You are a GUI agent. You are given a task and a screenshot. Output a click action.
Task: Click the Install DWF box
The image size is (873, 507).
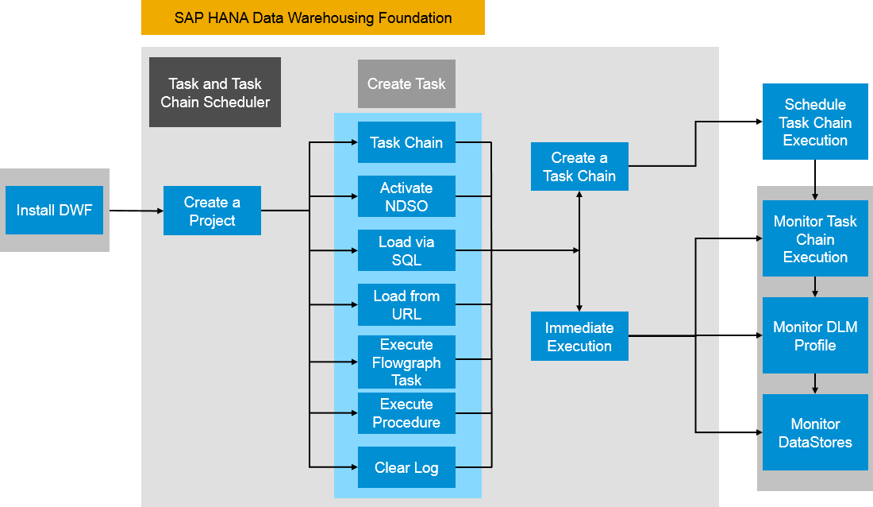(54, 211)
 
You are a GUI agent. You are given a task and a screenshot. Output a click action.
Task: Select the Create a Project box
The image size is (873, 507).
(212, 211)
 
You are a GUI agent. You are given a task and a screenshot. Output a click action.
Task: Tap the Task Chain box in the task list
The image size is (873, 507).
(406, 143)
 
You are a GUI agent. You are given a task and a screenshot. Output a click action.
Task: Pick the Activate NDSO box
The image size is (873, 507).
(406, 197)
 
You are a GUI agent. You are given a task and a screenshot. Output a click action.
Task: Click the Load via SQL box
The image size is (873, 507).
(406, 251)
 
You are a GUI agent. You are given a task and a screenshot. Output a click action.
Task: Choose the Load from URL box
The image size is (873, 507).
(406, 305)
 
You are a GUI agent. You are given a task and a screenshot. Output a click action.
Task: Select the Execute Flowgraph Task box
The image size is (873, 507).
(406, 362)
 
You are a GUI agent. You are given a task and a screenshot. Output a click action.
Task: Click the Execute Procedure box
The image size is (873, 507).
(406, 413)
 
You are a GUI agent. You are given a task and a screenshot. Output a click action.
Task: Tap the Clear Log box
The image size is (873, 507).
(406, 468)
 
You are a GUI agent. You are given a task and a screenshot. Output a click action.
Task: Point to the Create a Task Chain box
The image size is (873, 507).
(579, 167)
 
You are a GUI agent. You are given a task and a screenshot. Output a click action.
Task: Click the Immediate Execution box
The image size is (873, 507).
(579, 337)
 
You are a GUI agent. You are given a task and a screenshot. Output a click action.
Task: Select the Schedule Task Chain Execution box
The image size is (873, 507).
(815, 122)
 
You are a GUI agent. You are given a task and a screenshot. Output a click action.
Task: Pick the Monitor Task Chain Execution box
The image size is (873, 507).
(815, 239)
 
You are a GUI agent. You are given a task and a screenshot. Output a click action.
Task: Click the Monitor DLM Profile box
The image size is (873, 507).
(815, 336)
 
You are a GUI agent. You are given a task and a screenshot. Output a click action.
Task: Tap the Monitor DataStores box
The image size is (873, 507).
(815, 433)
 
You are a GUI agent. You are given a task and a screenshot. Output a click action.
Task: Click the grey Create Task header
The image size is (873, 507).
(406, 84)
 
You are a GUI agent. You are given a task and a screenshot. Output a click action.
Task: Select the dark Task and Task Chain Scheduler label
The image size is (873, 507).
(215, 93)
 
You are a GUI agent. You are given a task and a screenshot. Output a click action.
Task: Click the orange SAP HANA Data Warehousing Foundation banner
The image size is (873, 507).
(313, 18)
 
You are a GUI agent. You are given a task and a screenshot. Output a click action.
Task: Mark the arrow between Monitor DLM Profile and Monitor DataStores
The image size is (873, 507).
(815, 384)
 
